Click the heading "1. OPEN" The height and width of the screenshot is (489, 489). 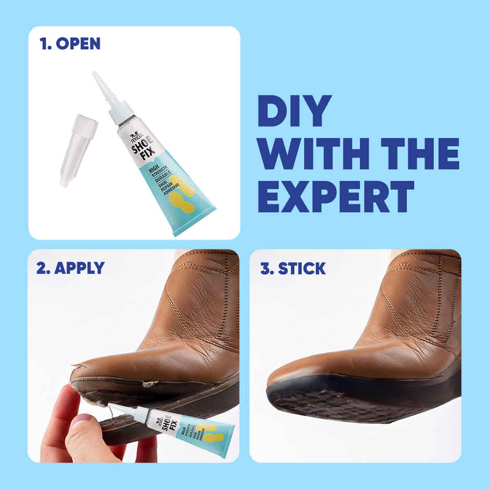pos(70,44)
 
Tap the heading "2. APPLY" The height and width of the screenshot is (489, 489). pos(70,268)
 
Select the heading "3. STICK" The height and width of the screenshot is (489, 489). pos(293,268)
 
